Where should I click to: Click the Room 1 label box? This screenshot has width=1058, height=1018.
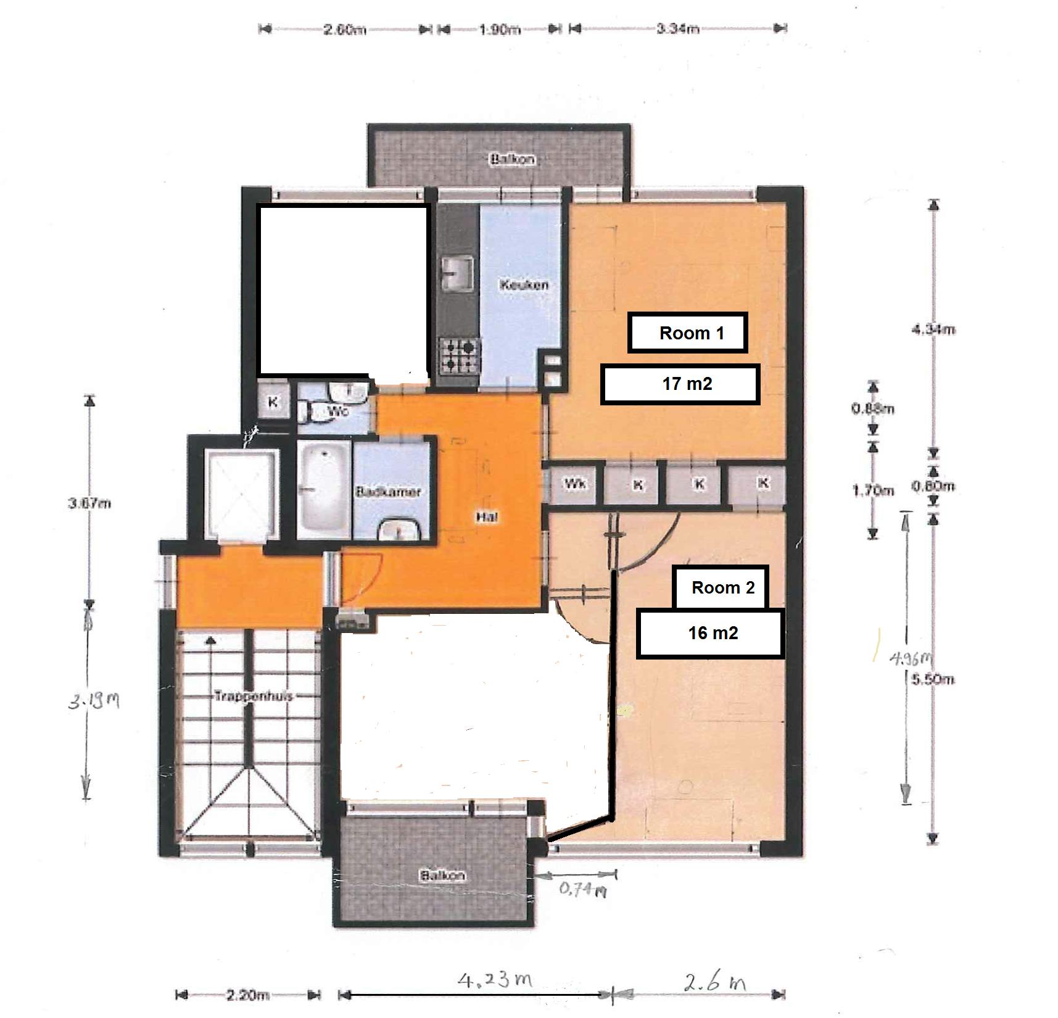coord(687,333)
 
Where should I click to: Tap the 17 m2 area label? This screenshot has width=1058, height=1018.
coord(680,384)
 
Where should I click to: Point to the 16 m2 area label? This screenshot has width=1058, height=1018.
coord(710,633)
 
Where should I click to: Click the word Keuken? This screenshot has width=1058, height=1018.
coord(524,285)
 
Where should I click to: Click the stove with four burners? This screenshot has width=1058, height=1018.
coord(459,356)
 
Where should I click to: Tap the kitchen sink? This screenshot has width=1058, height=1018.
coord(458,273)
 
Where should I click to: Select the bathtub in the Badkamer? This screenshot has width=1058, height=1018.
coord(323,489)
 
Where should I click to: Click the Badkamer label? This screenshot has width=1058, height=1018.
coord(388,492)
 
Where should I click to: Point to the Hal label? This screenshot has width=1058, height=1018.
coord(487,517)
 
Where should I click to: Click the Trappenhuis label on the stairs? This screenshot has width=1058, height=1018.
coord(253,696)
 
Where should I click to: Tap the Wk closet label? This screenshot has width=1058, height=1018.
coord(575,484)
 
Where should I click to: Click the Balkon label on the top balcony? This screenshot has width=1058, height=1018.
coord(513,159)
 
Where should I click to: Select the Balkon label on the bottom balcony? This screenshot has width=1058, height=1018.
coord(442,875)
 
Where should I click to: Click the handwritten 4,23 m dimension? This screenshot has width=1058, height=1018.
coord(494,979)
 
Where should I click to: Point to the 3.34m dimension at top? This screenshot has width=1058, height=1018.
coord(677,28)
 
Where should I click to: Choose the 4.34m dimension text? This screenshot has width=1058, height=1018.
coord(933,329)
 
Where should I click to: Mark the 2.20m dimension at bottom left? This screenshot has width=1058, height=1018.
coord(247,995)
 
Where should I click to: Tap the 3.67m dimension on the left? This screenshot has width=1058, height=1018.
coord(89,503)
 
